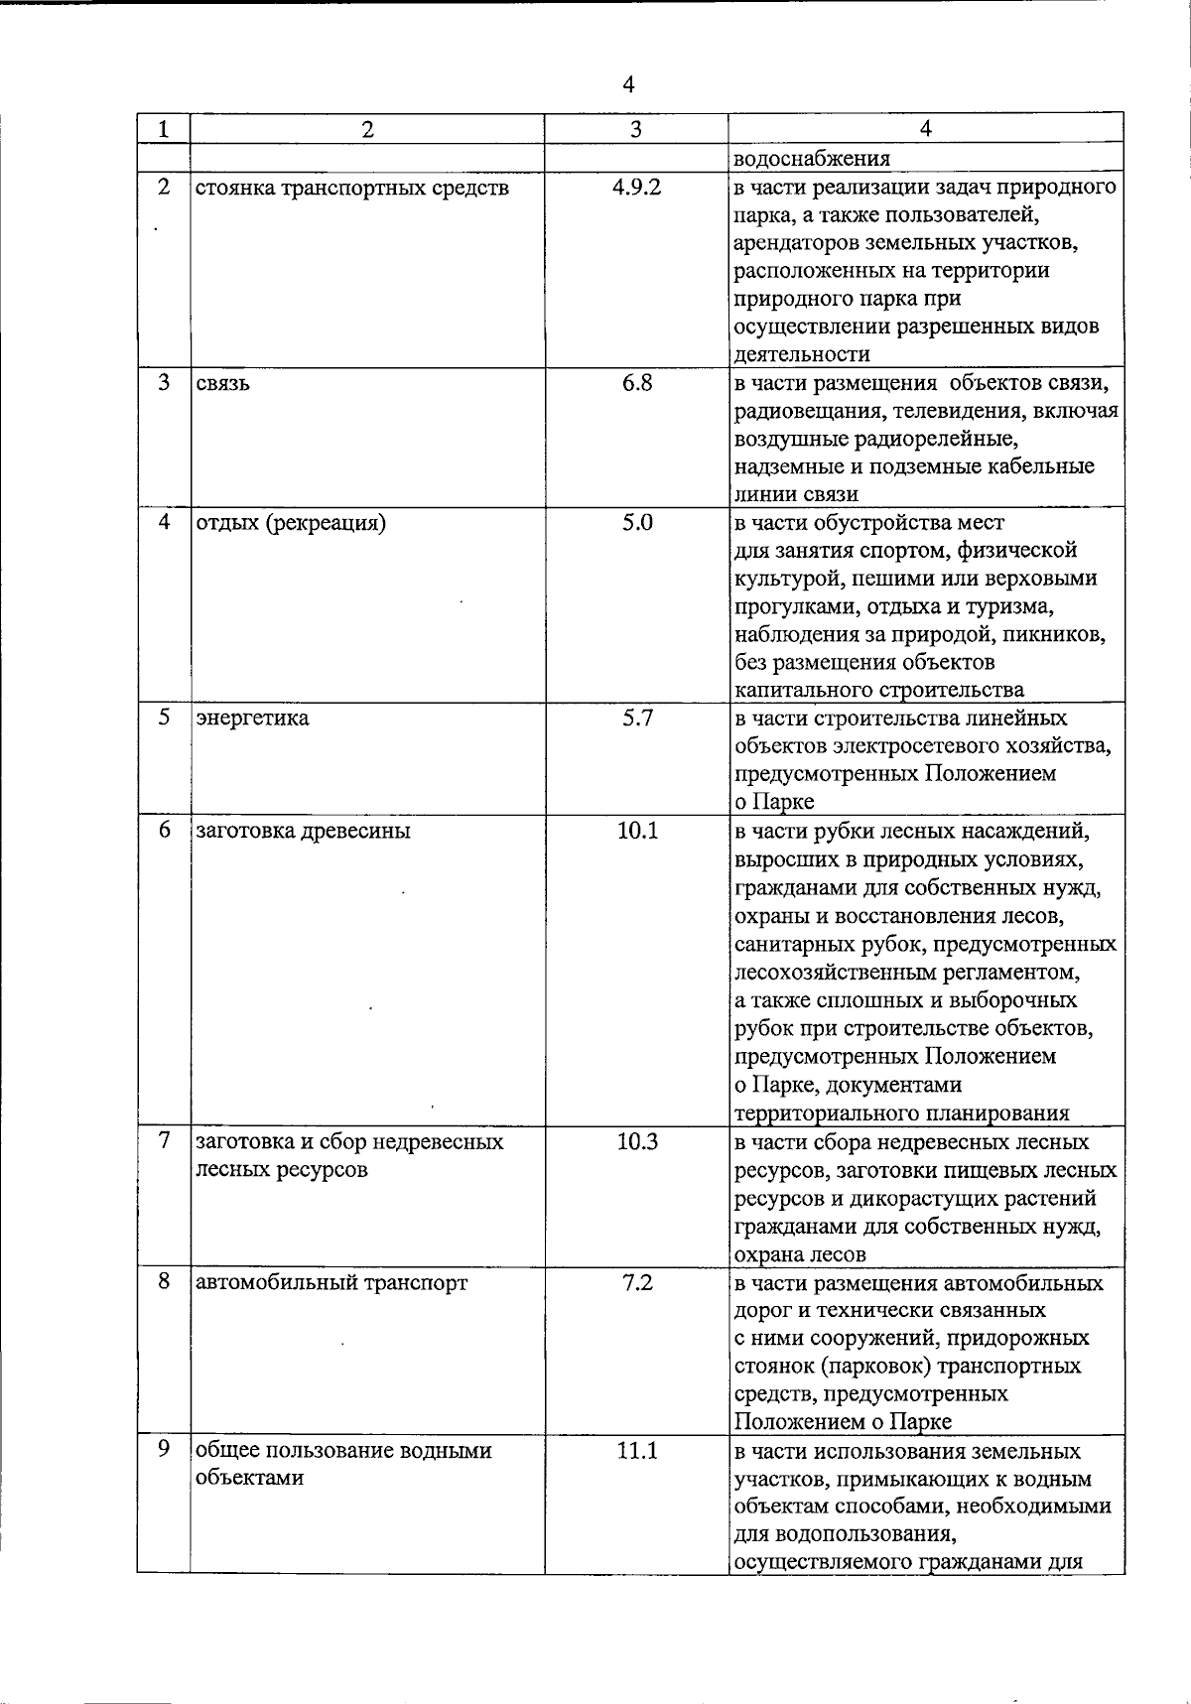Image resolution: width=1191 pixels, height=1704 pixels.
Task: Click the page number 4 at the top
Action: pyautogui.click(x=628, y=85)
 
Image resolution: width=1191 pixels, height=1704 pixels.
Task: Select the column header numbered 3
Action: pyautogui.click(x=636, y=129)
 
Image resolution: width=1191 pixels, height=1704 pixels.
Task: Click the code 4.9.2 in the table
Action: pyautogui.click(x=636, y=187)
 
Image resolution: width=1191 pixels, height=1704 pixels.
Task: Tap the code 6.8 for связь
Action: pyautogui.click(x=636, y=382)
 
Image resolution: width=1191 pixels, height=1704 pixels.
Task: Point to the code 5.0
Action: pyautogui.click(x=636, y=521)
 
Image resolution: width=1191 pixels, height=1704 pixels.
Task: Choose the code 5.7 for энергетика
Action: pyautogui.click(x=636, y=717)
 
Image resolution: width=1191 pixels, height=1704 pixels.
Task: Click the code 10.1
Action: pyautogui.click(x=636, y=830)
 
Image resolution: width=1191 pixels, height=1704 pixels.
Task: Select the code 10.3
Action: pyautogui.click(x=636, y=1140)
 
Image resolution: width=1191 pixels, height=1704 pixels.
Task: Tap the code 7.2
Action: pyautogui.click(x=636, y=1281)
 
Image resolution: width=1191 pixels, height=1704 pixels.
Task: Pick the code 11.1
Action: pyautogui.click(x=636, y=1450)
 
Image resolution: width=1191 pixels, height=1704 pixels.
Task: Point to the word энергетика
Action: pyautogui.click(x=252, y=718)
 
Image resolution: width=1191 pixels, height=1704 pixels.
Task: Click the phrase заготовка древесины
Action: pyautogui.click(x=303, y=831)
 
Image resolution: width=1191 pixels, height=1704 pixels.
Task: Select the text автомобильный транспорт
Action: pyautogui.click(x=331, y=1282)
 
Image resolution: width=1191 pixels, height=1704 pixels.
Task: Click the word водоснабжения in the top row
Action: pyautogui.click(x=812, y=158)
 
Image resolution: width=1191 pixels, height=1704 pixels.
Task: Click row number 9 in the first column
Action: pyautogui.click(x=164, y=1449)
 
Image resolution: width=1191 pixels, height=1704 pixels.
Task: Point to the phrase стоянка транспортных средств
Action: pyautogui.click(x=351, y=188)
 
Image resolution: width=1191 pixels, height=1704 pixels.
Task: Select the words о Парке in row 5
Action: pyautogui.click(x=774, y=802)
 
